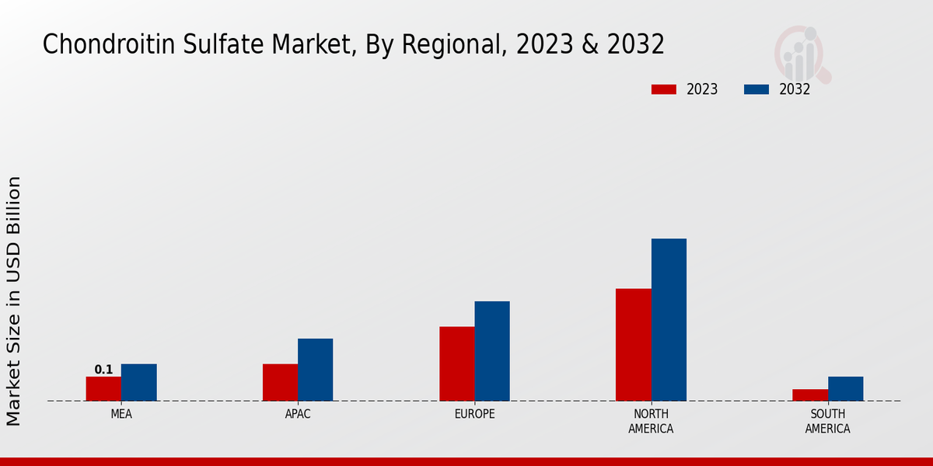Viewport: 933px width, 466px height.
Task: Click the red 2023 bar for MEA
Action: tap(103, 388)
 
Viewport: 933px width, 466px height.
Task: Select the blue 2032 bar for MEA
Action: tap(138, 382)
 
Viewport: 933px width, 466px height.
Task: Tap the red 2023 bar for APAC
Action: tap(280, 382)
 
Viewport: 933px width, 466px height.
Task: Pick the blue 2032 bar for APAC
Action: tap(315, 370)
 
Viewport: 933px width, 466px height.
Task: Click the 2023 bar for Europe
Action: tap(456, 363)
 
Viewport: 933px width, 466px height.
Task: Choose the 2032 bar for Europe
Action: tap(492, 351)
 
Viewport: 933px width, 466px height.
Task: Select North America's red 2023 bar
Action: tap(633, 345)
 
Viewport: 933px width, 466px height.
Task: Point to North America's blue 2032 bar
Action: tap(669, 319)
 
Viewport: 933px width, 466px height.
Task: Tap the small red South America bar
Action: tap(809, 395)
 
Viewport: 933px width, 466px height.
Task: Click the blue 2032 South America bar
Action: tap(845, 388)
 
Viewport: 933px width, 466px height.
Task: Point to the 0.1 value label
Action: tap(103, 370)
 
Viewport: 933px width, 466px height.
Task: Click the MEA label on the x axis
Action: tap(121, 414)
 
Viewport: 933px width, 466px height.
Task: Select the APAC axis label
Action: tap(298, 414)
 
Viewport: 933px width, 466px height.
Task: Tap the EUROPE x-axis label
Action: tap(474, 414)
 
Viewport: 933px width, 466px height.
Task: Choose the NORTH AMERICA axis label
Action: tap(651, 421)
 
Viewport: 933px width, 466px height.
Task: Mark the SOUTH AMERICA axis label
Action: tap(827, 421)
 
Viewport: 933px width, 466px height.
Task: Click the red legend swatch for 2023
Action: tap(663, 89)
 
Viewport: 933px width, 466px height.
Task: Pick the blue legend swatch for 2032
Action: tap(756, 89)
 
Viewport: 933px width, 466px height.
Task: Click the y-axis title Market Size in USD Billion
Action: tap(14, 301)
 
